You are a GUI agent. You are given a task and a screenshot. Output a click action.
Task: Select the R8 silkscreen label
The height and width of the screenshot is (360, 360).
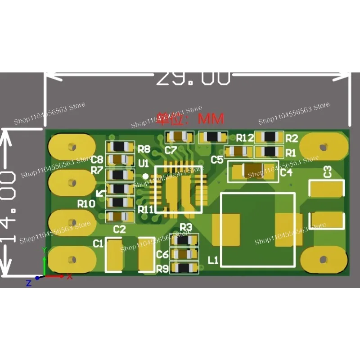(x=144, y=148)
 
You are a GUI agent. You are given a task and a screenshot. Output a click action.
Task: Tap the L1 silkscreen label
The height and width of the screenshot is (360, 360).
(x=213, y=260)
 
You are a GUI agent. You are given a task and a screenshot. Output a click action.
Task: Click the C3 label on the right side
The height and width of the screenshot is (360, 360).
(x=328, y=171)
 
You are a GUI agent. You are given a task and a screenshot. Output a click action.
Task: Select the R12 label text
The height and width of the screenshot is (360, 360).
(x=245, y=137)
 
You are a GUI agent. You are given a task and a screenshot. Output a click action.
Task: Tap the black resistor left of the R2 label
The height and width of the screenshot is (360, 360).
(x=270, y=137)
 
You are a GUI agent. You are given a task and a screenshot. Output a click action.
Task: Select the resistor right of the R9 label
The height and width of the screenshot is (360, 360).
(x=184, y=268)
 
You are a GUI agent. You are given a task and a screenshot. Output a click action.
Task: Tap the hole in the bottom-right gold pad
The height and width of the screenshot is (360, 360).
(x=323, y=259)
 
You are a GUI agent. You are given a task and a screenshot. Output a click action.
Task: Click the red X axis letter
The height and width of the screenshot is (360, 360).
(x=70, y=277)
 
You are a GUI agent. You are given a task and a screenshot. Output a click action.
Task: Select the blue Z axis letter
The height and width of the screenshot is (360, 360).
(x=28, y=283)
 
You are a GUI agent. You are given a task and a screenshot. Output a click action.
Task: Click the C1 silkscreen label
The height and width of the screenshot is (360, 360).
(x=98, y=243)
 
